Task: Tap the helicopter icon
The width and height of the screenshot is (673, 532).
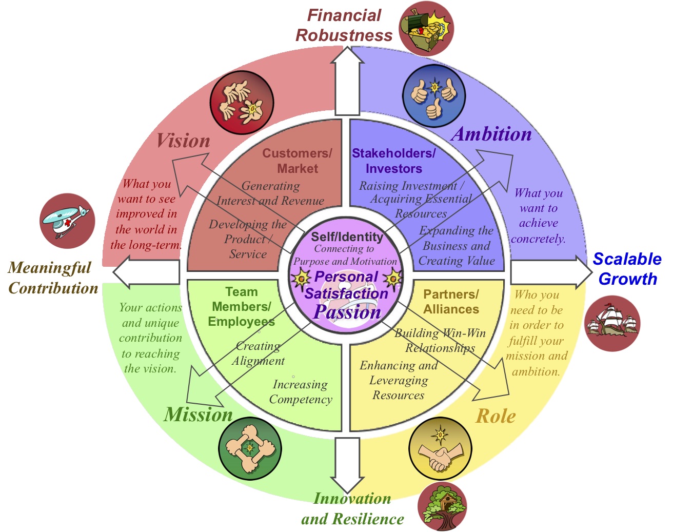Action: [67, 221]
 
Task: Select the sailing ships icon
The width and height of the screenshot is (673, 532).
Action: [612, 323]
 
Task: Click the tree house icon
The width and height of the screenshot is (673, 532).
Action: [442, 507]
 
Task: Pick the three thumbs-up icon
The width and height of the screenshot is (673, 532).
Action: [434, 96]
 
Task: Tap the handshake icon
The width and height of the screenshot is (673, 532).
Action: [440, 449]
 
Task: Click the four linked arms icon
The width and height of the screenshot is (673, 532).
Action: [250, 448]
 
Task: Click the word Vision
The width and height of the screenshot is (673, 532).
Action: [183, 141]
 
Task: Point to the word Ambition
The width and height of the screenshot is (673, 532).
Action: [491, 134]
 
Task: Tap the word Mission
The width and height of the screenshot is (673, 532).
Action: [199, 415]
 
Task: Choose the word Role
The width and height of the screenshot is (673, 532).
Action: [496, 416]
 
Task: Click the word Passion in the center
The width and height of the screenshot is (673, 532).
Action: [347, 312]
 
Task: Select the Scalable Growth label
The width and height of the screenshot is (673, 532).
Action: [627, 269]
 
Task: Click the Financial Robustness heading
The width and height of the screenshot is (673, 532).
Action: [344, 25]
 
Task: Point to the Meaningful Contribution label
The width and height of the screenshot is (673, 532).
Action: [53, 278]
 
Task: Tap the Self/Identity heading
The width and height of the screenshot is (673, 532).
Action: [347, 237]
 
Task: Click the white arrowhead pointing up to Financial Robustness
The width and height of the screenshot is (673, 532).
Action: [347, 55]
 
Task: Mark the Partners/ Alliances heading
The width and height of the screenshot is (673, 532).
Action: [451, 302]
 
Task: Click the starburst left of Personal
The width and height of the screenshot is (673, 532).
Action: [301, 278]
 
